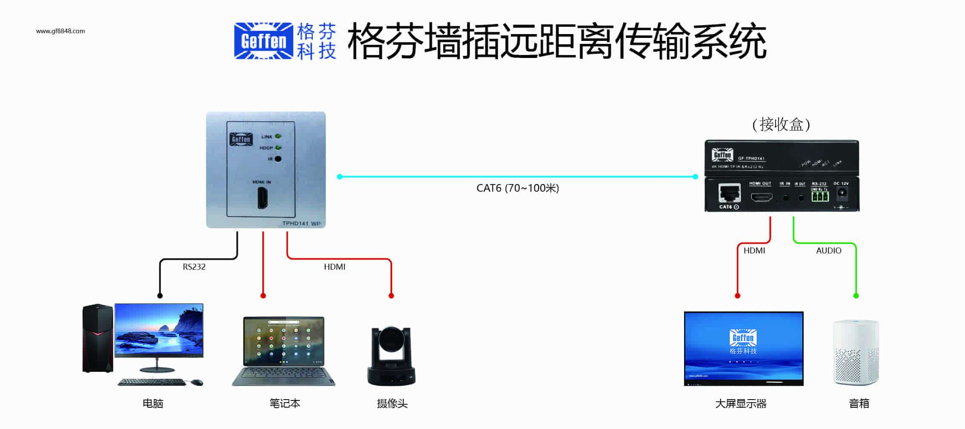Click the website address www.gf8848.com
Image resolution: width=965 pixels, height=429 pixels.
pos(60,31)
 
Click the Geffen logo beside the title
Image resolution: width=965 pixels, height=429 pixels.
pos(263,41)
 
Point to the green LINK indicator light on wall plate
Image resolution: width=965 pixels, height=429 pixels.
pos(278,136)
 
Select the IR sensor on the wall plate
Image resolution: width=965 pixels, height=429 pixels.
pos(278,159)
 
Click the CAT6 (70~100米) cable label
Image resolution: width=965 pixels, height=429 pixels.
pos(517,188)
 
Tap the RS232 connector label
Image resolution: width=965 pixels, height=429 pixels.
pos(194,267)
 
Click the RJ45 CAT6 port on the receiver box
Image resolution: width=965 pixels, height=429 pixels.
pos(730,193)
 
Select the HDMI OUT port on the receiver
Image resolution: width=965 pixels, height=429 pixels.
pos(761,197)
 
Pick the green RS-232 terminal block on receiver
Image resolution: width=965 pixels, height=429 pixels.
pos(819,196)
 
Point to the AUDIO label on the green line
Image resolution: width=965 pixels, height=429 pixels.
pos(828,251)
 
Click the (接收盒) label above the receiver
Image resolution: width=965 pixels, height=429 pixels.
pos(781,125)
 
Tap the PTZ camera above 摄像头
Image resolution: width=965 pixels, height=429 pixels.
pos(391,356)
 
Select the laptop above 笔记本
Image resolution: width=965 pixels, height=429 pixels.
pos(283,351)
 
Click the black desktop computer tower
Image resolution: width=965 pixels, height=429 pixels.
pos(97,339)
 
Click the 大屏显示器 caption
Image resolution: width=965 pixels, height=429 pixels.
pos(741,404)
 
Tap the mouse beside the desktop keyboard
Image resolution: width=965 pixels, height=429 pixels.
pos(197,382)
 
